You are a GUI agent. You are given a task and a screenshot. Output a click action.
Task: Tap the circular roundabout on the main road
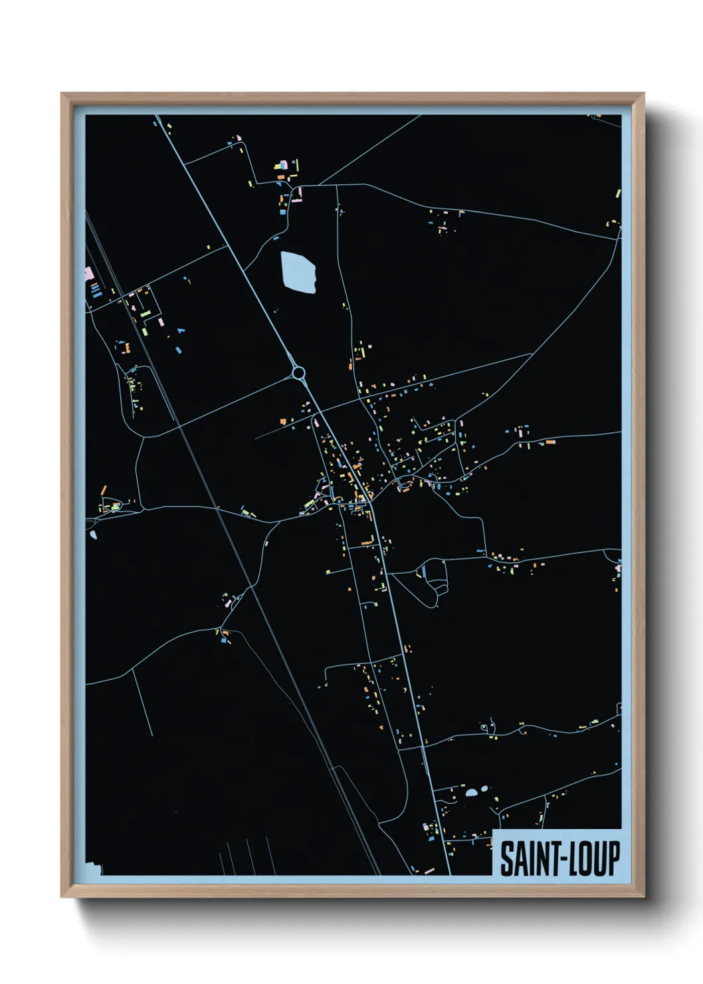298,372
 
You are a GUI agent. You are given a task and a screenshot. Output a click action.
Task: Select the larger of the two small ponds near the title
472,792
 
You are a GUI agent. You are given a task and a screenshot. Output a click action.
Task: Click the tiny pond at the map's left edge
92,534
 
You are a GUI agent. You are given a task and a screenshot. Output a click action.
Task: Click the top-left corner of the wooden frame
62,94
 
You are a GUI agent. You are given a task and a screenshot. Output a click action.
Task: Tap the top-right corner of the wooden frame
644,94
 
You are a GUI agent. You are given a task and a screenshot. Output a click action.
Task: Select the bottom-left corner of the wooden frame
62,897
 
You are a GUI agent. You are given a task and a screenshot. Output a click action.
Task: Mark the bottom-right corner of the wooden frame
644,897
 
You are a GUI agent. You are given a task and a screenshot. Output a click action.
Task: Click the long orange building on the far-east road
550,441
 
